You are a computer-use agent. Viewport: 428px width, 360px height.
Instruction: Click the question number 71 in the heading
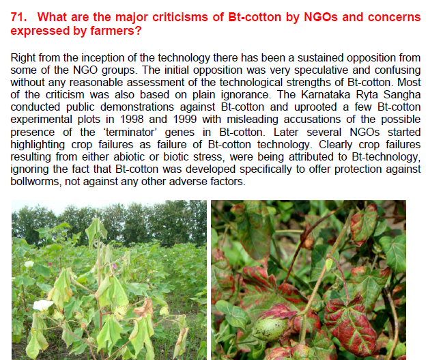pos(18,17)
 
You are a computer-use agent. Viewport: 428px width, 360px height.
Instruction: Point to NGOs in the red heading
pos(321,17)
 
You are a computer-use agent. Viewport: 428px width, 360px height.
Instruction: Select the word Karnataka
pos(326,95)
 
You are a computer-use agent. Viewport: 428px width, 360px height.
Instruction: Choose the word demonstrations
pos(137,107)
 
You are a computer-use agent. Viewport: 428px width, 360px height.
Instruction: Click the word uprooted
pos(315,107)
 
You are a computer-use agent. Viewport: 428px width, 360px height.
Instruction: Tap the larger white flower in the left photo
pos(42,305)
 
